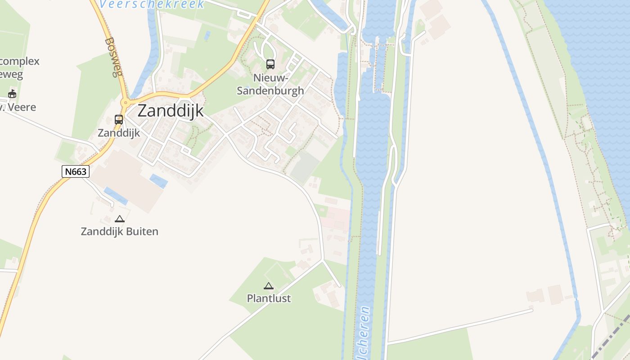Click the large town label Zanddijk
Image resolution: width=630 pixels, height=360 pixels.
[x=171, y=111]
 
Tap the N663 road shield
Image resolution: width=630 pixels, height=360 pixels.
[x=76, y=171]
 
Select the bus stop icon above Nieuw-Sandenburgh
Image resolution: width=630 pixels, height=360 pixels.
[x=270, y=64]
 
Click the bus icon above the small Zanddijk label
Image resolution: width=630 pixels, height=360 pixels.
[x=119, y=120]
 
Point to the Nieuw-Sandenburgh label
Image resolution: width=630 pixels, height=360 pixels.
[x=270, y=84]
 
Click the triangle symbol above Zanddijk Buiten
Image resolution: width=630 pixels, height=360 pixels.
[x=120, y=219]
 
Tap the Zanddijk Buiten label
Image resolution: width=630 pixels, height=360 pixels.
[x=120, y=232]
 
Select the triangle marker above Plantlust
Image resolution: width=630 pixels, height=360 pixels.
[x=269, y=286]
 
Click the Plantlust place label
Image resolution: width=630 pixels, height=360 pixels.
[x=269, y=298]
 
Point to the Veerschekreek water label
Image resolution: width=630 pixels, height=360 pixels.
[x=152, y=4]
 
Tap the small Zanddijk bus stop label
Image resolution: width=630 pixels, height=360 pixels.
[x=119, y=133]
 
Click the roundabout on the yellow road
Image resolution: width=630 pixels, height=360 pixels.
[x=126, y=103]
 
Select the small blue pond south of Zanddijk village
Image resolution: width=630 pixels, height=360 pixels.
[x=158, y=181]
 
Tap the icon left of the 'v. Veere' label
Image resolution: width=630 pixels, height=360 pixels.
[x=12, y=94]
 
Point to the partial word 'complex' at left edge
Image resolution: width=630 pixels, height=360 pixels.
[x=20, y=61]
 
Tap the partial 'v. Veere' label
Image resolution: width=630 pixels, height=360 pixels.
[x=18, y=108]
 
